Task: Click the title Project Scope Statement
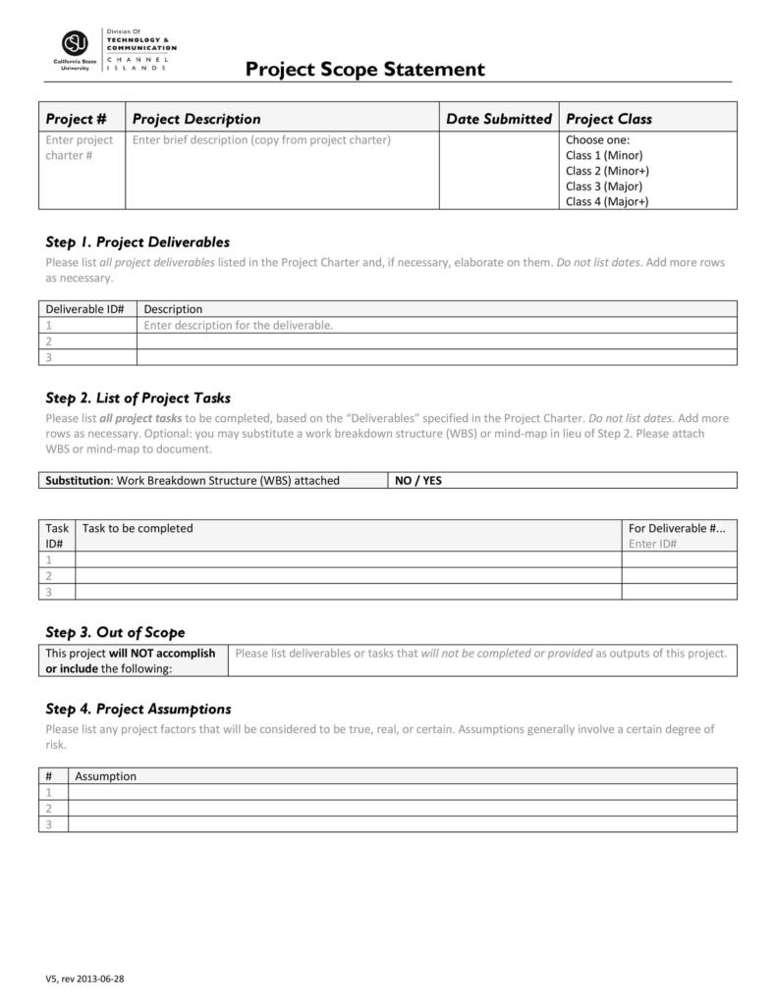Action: point(364,70)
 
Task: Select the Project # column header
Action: point(77,119)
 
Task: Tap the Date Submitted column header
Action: point(498,119)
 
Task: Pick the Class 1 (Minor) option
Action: point(605,155)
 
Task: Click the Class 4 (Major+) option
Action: point(607,202)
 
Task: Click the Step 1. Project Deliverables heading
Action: point(138,242)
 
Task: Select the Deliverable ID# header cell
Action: point(85,309)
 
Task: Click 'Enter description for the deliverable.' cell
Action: point(239,325)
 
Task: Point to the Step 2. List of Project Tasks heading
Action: point(139,398)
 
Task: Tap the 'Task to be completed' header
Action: point(138,528)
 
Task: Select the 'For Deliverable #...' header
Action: point(677,528)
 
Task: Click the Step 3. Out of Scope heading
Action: point(115,633)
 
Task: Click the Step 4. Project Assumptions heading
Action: point(139,710)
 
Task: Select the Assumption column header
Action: point(105,776)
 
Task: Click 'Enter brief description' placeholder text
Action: point(261,140)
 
